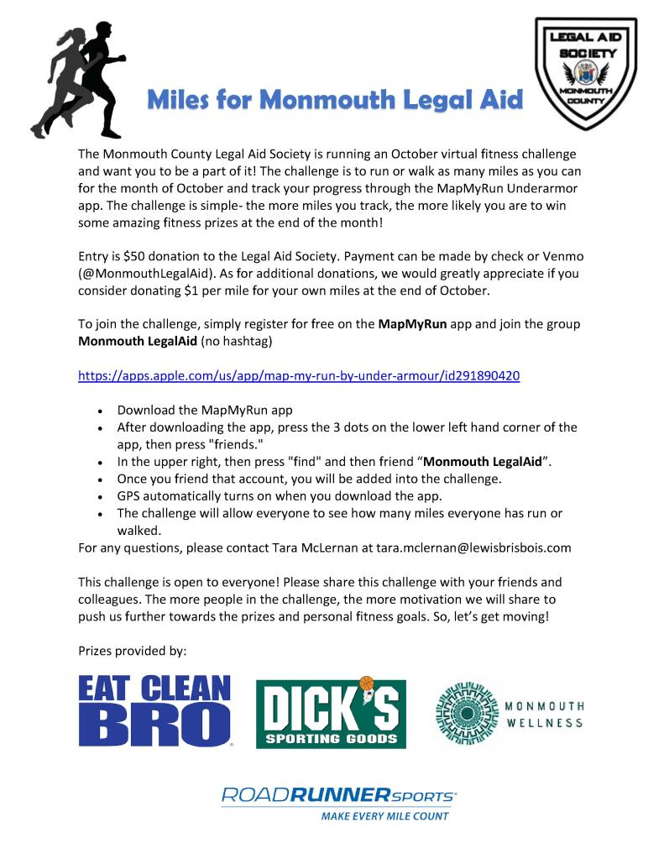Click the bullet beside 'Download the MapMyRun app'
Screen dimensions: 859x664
point(100,412)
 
